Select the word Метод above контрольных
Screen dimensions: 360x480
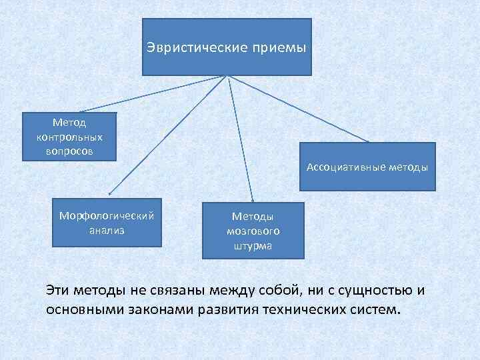[x=70, y=123]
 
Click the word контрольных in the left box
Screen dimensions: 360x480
[x=70, y=137]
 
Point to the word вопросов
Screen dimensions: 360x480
[x=70, y=151]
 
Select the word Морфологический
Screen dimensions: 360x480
[x=107, y=217]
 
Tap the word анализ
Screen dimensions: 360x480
[x=107, y=231]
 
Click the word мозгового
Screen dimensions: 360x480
[x=253, y=231]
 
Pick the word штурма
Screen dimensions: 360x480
[x=253, y=245]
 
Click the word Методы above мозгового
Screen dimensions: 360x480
[x=253, y=216]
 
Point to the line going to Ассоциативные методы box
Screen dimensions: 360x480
[x=300, y=108]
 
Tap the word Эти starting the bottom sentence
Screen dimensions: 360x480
[x=58, y=291]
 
